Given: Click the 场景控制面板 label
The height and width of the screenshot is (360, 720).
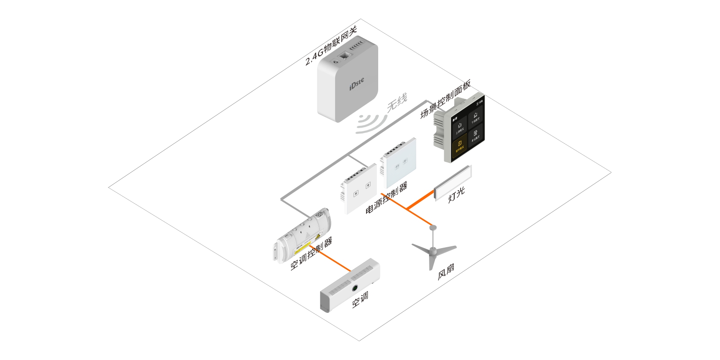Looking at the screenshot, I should [445, 99].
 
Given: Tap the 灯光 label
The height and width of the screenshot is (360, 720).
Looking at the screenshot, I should [456, 195].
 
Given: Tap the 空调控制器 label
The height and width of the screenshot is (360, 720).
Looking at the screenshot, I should [311, 254].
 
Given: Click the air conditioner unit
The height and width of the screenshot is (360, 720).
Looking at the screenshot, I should [350, 286].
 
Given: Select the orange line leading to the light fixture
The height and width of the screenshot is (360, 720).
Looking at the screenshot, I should [420, 201].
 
